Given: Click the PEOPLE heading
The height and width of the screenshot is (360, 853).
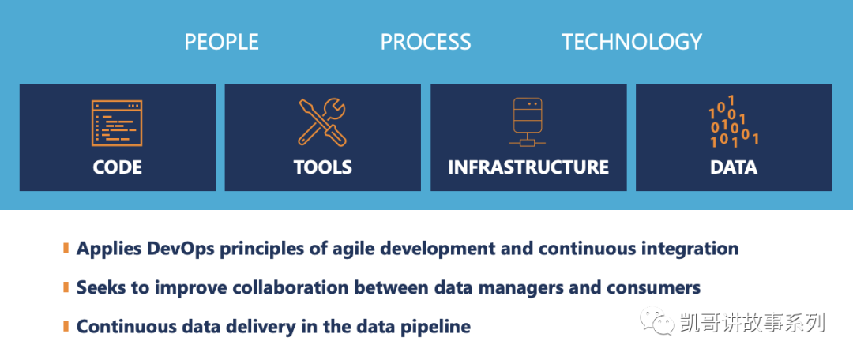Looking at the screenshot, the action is pos(221,42).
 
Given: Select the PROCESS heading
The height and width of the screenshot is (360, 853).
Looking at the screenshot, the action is pos(426,42).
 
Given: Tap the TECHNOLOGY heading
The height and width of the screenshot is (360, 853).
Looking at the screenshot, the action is pos(632,42).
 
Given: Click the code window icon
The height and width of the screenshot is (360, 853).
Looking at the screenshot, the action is pos(116,123).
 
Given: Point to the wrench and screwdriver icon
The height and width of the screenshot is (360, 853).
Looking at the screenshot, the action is pos(322,122).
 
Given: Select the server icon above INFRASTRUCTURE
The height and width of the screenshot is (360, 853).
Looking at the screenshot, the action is pos(528,123).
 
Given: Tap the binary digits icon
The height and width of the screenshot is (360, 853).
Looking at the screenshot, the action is pos(733,122).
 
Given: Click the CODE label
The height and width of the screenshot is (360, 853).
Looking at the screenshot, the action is pos(117,167).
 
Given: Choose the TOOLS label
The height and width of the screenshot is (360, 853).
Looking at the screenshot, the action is pos(322,167).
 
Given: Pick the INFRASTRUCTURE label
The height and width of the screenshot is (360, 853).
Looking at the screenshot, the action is pos(528,167).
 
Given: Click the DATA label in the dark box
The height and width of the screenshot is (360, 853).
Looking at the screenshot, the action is pos(733,167).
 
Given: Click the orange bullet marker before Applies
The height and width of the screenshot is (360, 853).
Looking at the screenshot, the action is pos(66,249).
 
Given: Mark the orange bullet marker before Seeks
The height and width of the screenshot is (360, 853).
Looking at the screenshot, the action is pos(66,287).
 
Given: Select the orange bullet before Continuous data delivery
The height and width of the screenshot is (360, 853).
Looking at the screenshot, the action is pos(66,326).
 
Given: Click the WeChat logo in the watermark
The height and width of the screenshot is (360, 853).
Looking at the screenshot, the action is pos(657,322).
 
